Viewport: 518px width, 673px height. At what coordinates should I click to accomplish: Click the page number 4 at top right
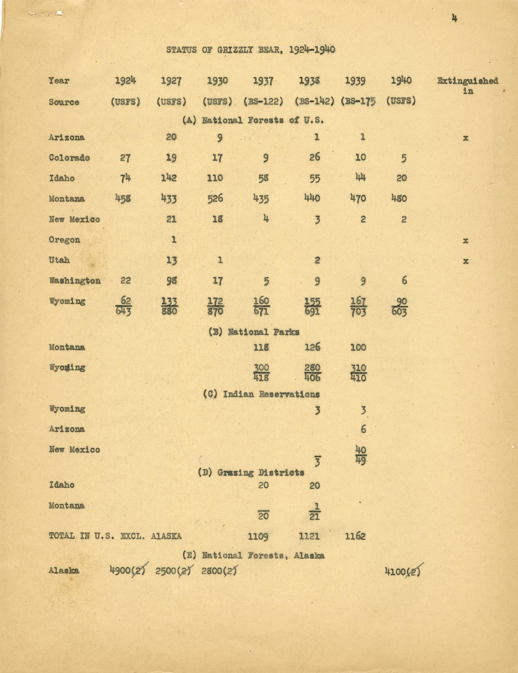pos(454,19)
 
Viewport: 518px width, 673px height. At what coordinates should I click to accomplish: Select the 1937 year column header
pos(263,81)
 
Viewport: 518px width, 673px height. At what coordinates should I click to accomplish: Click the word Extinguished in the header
pos(468,81)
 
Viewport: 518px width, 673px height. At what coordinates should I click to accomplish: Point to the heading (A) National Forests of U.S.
pos(253,120)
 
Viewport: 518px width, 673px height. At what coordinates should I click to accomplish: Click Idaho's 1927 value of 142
pos(169,178)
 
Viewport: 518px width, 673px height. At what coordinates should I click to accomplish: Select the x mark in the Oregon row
pos(465,240)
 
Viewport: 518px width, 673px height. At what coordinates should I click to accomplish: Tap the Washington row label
pos(75,281)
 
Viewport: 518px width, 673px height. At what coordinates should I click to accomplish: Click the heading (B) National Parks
pos(254,332)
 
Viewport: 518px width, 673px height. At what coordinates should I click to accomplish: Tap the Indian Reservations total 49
pos(360,461)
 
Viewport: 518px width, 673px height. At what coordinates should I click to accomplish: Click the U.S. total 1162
pos(355,536)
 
